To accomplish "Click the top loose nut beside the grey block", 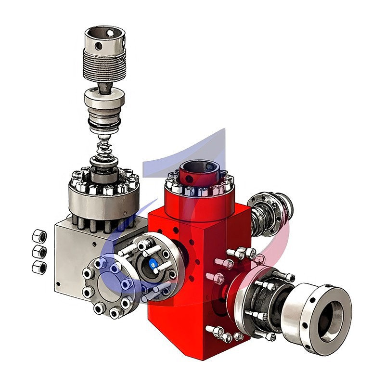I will (39, 236).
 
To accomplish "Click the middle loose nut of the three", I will (39, 251).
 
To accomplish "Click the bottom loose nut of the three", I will (38, 267).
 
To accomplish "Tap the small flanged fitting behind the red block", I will (272, 212).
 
